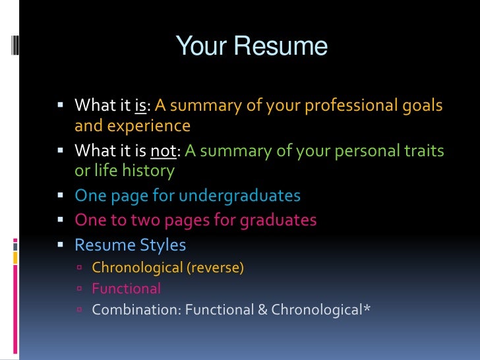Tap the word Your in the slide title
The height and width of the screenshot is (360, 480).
tap(200, 47)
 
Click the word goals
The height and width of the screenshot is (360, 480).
tap(422, 105)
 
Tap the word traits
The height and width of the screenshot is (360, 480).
tap(423, 152)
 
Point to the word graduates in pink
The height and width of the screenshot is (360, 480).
tap(276, 220)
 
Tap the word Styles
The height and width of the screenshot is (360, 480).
tap(162, 245)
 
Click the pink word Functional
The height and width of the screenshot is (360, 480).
tap(126, 288)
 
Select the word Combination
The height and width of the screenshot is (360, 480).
tap(136, 309)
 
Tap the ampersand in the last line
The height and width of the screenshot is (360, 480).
tap(262, 309)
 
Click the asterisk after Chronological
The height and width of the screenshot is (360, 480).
tap(367, 308)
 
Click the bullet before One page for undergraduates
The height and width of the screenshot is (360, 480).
tap(61, 196)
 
